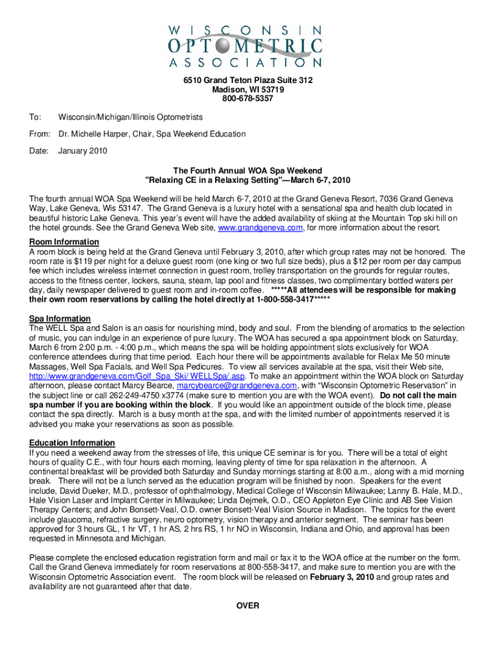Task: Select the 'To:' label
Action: (x=35, y=117)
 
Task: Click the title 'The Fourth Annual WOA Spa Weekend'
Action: (x=248, y=170)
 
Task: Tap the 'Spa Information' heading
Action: (x=60, y=319)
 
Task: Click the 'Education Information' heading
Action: (x=72, y=443)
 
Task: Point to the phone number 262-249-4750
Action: (x=168, y=395)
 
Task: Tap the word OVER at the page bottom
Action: (x=248, y=606)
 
